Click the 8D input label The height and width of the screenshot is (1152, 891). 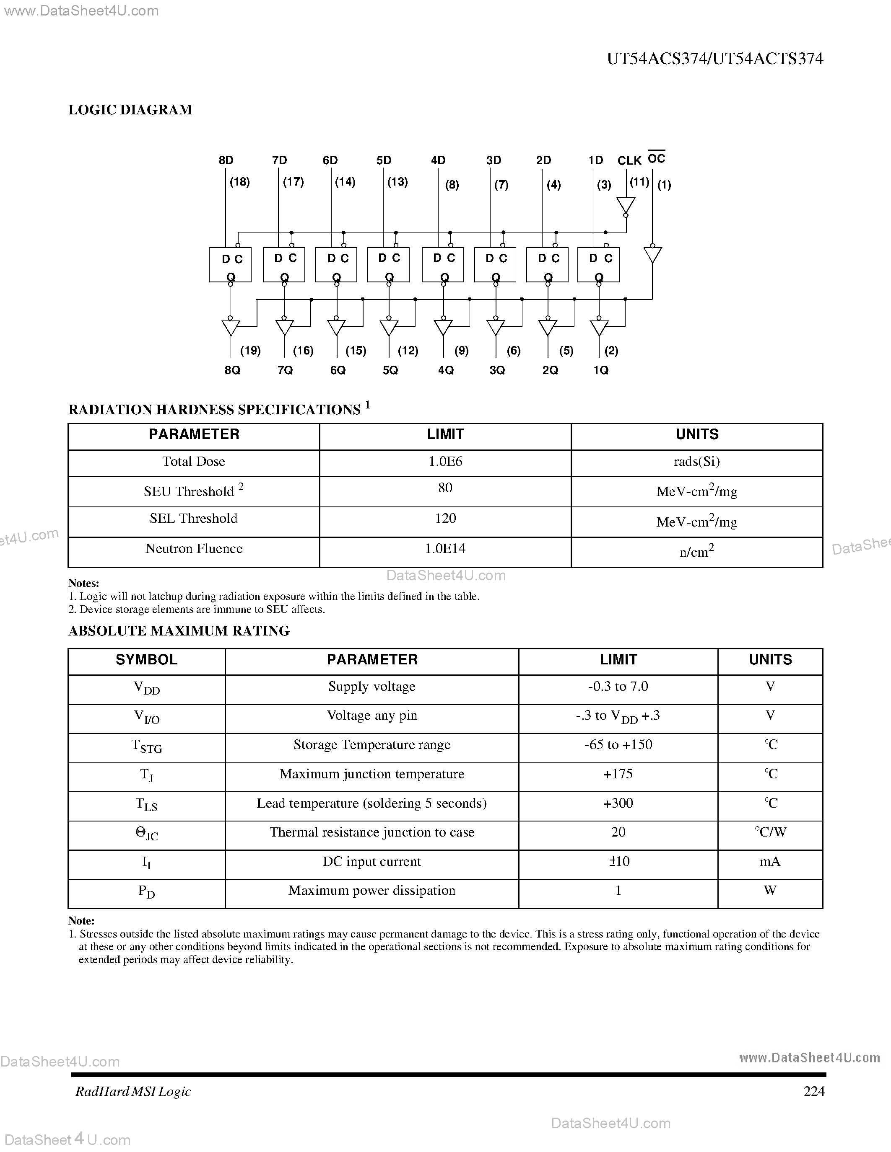click(x=226, y=160)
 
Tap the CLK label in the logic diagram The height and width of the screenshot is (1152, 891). click(x=629, y=161)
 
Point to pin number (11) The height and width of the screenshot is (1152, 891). click(x=639, y=182)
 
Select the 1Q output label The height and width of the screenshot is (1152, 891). click(x=601, y=370)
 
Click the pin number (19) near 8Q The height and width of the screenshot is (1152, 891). click(x=250, y=351)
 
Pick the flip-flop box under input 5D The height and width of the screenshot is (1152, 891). click(x=389, y=265)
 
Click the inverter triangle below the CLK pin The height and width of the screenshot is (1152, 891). click(x=626, y=206)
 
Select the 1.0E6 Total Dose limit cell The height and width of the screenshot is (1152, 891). click(x=445, y=462)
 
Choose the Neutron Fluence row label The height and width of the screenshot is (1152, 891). click(x=194, y=549)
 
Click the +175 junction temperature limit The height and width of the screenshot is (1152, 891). click(x=618, y=774)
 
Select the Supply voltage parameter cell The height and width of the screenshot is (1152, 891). click(x=371, y=687)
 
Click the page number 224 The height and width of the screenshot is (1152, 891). click(x=814, y=1091)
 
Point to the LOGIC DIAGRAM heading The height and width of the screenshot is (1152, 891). click(x=130, y=110)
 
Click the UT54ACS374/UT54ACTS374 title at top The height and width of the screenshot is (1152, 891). click(x=715, y=59)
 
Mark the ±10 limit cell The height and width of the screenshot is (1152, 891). click(x=618, y=861)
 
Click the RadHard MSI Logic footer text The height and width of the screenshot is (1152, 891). click(x=133, y=1091)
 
